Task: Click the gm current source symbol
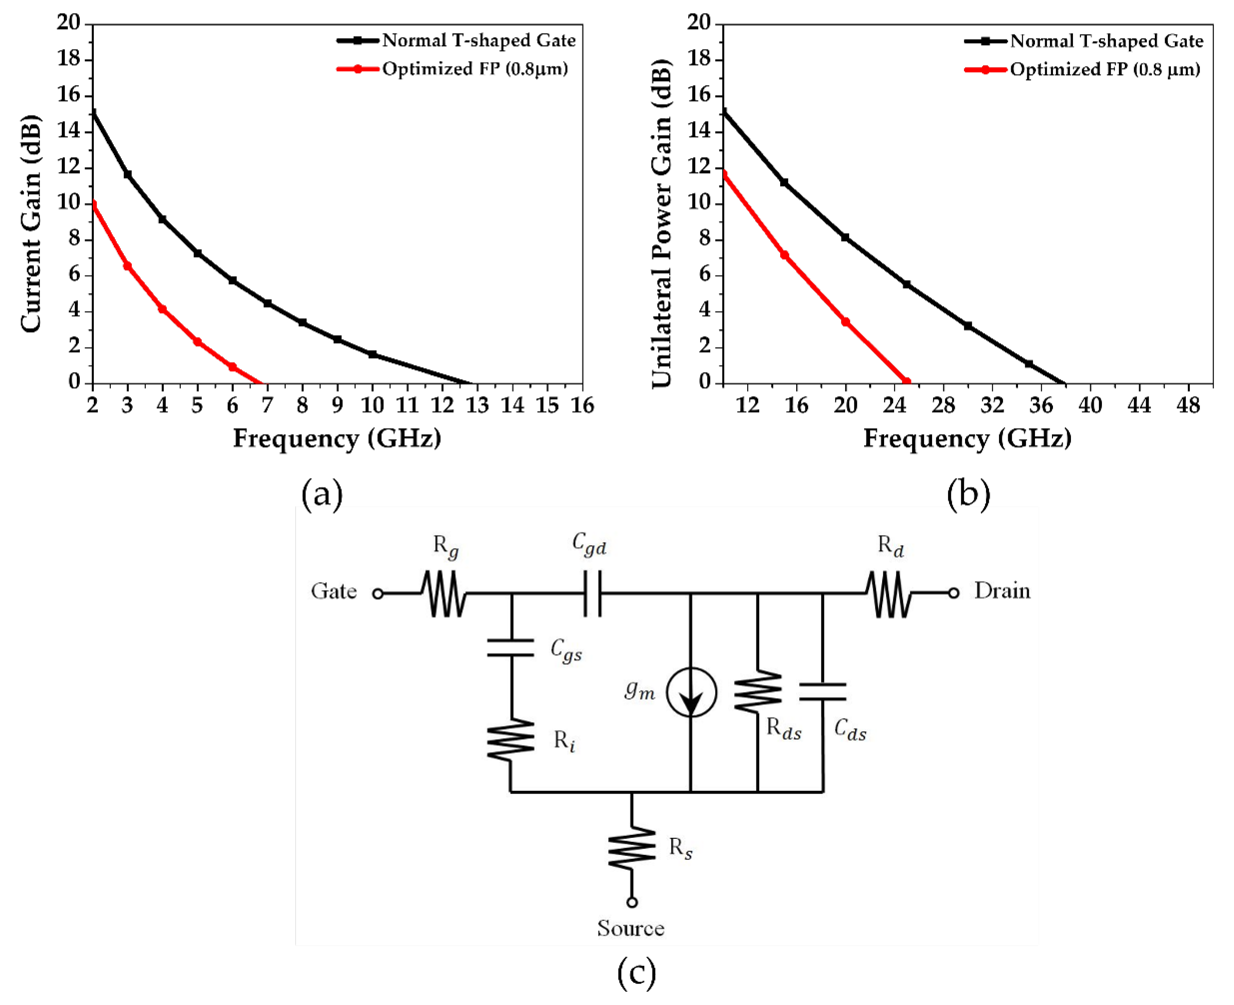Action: [691, 692]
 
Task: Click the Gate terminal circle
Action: [378, 593]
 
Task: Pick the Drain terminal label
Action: [1002, 591]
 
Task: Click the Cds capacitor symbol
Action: [822, 692]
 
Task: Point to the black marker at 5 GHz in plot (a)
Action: [197, 254]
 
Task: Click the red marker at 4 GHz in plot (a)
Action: [163, 309]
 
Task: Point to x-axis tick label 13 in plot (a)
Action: [477, 405]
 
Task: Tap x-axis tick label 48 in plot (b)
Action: [1188, 405]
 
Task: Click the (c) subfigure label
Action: [637, 973]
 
